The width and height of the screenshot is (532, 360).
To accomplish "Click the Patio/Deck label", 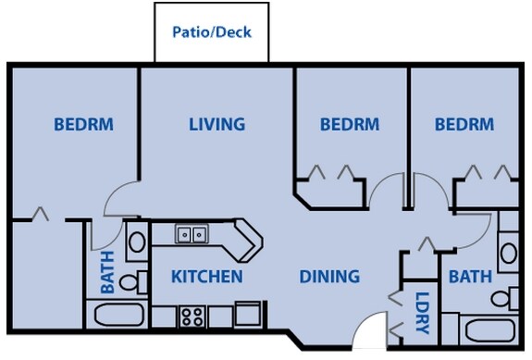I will [212, 31].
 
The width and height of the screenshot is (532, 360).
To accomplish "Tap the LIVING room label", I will [217, 124].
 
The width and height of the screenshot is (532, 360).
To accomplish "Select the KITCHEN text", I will [207, 276].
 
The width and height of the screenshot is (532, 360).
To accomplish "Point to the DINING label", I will [329, 276].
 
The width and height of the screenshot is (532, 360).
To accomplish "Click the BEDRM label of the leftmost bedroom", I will [83, 124].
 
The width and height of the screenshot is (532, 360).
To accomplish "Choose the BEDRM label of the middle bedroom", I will [350, 124].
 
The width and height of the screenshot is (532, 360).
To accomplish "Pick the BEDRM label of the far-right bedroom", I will [464, 124].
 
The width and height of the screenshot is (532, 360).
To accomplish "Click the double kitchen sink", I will [192, 234].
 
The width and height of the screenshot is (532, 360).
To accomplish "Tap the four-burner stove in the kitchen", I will [192, 317].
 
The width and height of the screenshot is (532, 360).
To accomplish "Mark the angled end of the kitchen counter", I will [248, 240].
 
